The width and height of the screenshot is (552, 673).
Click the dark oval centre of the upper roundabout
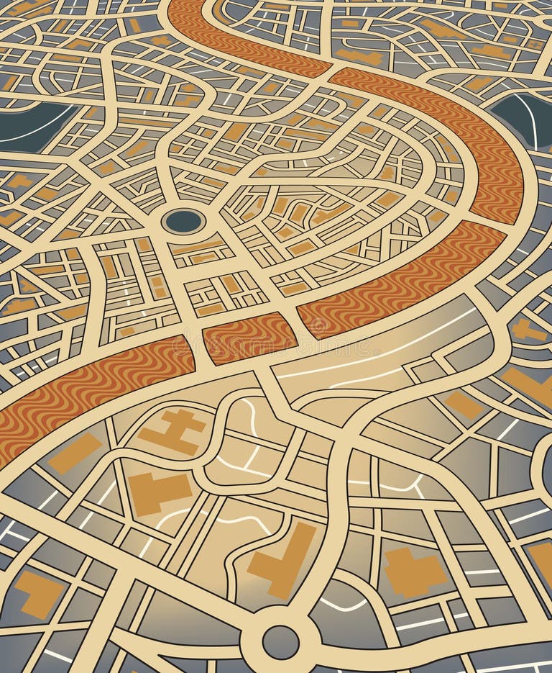(183, 221)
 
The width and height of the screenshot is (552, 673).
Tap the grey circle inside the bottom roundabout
(280, 640)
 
